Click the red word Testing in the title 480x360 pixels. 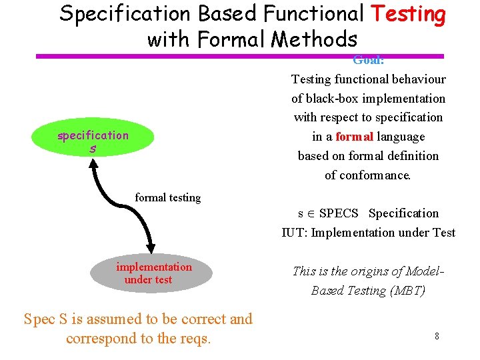pos(408,14)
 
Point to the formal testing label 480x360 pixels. pos(167,197)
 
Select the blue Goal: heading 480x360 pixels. pos(368,60)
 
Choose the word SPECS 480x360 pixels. pos(339,213)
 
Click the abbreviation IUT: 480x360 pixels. pos(294,233)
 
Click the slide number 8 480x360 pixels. pos(437,336)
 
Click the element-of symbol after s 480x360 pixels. pos(311,214)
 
